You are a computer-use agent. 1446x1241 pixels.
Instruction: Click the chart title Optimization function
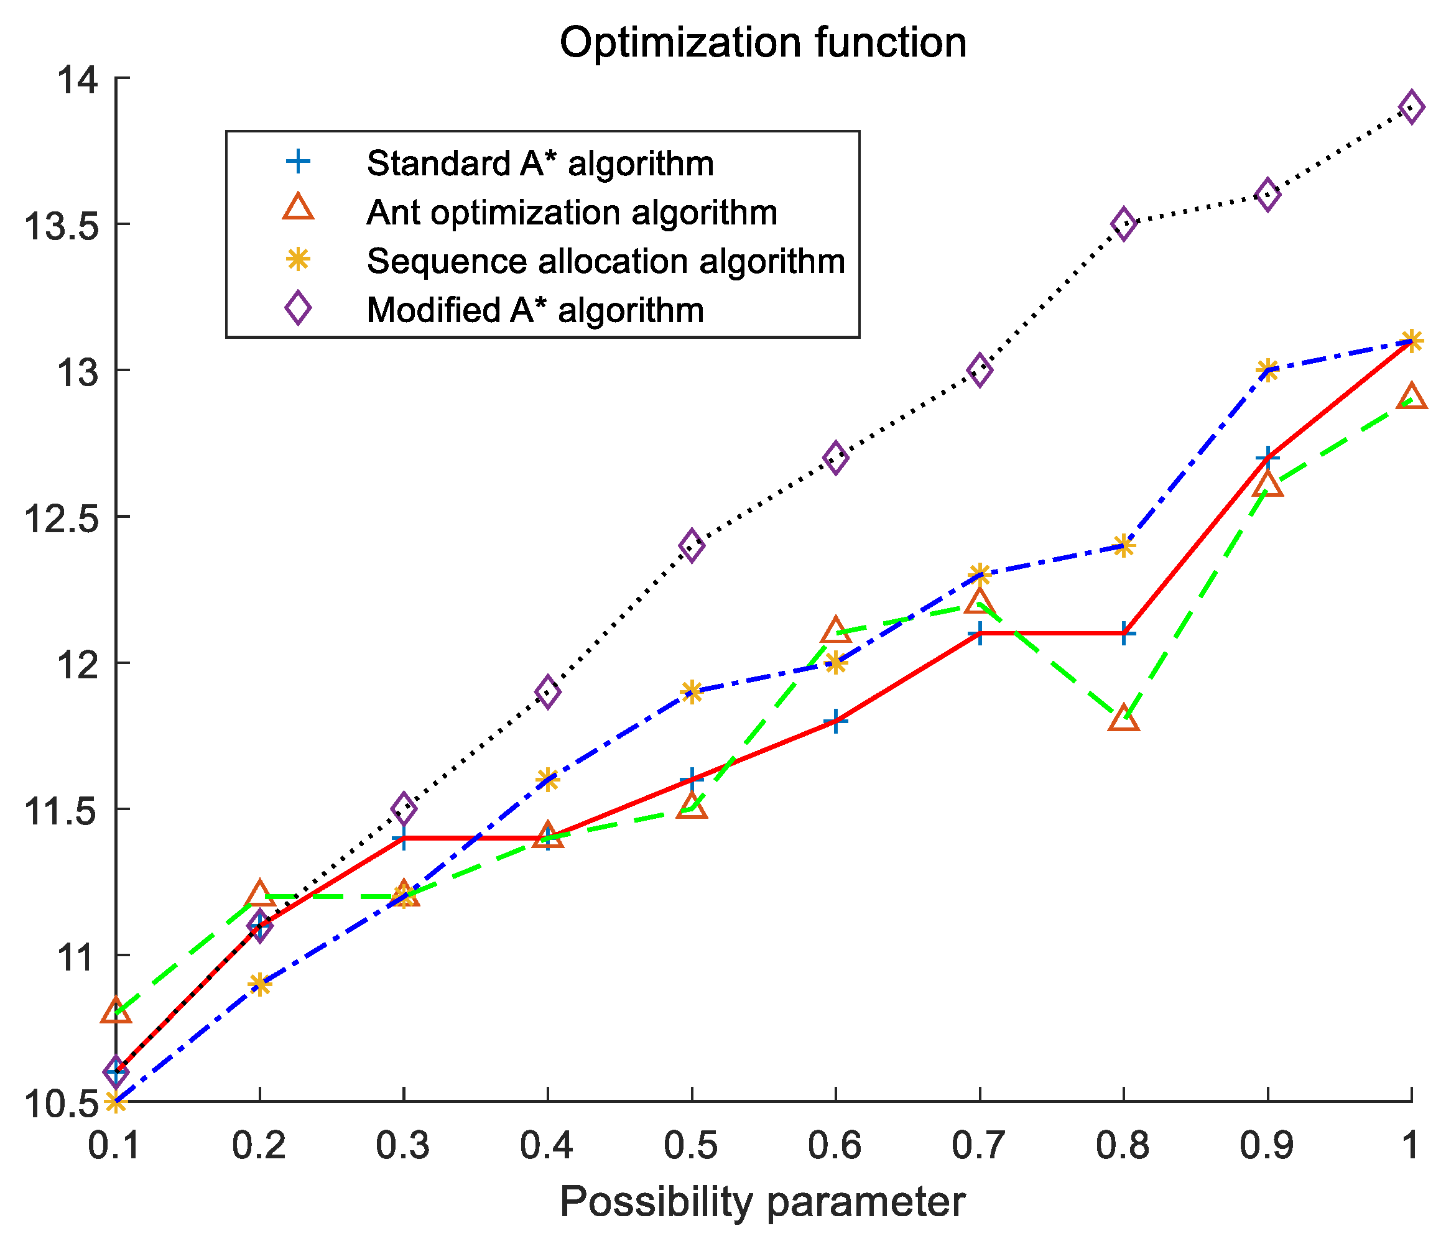point(762,44)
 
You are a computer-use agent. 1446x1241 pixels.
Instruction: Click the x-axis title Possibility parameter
point(762,1201)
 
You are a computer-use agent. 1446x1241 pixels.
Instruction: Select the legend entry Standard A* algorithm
point(540,164)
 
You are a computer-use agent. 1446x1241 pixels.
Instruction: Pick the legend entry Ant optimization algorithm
point(572,212)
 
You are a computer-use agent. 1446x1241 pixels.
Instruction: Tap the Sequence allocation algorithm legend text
point(606,261)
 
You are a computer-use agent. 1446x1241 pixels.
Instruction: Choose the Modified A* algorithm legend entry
point(535,310)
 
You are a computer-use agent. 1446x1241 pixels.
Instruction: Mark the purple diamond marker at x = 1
point(1411,108)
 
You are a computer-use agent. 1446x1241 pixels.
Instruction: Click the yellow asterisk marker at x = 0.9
point(1268,371)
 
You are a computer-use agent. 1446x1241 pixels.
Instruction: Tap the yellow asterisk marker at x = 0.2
point(259,984)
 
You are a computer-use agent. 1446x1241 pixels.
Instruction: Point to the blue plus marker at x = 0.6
point(835,721)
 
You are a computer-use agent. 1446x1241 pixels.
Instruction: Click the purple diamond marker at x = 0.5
point(692,545)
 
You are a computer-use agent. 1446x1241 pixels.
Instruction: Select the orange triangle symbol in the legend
point(298,208)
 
